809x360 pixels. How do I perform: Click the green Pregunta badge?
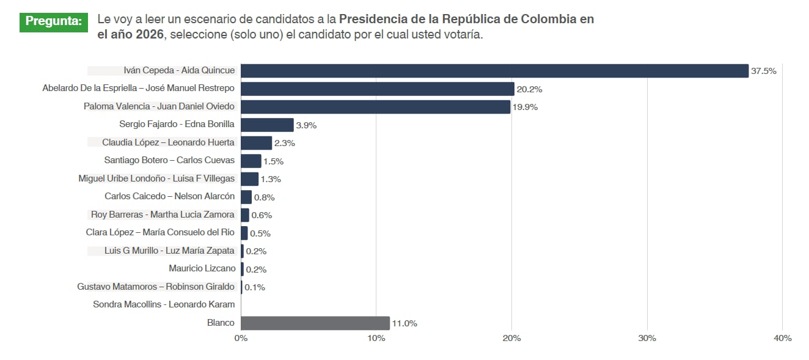pyautogui.click(x=54, y=21)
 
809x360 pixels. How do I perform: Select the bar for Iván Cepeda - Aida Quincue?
pyautogui.click(x=494, y=71)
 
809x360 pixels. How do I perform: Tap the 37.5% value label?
pyautogui.click(x=764, y=71)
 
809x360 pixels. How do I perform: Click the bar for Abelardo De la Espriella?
pyautogui.click(x=377, y=89)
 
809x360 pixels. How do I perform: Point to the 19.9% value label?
pyautogui.click(x=525, y=107)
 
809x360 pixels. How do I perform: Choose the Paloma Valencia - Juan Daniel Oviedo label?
pyautogui.click(x=159, y=106)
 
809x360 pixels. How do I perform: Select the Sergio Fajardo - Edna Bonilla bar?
pyautogui.click(x=267, y=125)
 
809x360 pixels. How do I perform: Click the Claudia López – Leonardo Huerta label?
pyautogui.click(x=168, y=142)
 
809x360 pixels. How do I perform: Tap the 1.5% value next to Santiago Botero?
pyautogui.click(x=274, y=161)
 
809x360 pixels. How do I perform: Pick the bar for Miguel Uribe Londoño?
pyautogui.click(x=249, y=179)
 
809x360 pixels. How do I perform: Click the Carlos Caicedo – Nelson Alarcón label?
pyautogui.click(x=169, y=197)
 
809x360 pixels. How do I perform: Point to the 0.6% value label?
pyautogui.click(x=262, y=215)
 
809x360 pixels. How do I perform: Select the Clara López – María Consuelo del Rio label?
pyautogui.click(x=160, y=232)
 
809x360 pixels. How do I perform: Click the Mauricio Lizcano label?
pyautogui.click(x=202, y=268)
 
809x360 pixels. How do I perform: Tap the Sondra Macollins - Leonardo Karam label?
pyautogui.click(x=164, y=304)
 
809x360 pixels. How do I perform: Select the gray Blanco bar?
pyautogui.click(x=315, y=323)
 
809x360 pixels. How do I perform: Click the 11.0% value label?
pyautogui.click(x=405, y=323)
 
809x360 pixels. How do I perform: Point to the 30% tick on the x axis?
pyautogui.click(x=647, y=338)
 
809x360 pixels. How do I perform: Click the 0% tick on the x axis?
pyautogui.click(x=241, y=338)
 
